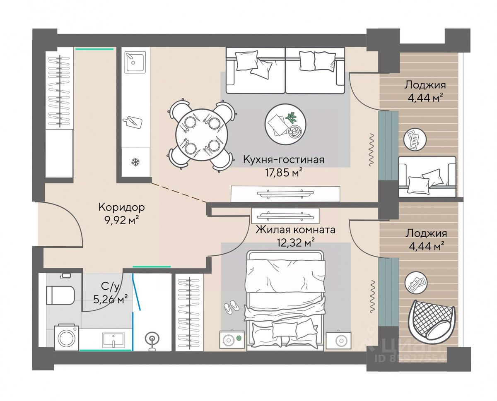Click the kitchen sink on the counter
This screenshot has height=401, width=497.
pyautogui.click(x=135, y=62)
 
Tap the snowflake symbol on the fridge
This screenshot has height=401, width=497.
pyautogui.click(x=135, y=162)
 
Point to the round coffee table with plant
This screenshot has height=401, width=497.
pyautogui.click(x=285, y=122)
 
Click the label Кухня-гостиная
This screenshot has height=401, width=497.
pyautogui.click(x=284, y=160)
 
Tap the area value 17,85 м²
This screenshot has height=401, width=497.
pyautogui.click(x=284, y=173)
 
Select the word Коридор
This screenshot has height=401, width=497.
pyautogui.click(x=122, y=207)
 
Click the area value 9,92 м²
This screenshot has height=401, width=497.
pyautogui.click(x=122, y=220)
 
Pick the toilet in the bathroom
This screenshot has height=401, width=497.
pyautogui.click(x=60, y=295)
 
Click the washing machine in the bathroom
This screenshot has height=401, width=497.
pyautogui.click(x=66, y=337)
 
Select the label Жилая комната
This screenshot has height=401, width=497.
pyautogui.click(x=295, y=230)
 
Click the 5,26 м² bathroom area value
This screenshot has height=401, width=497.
pyautogui.click(x=110, y=299)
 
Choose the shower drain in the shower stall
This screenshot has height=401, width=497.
pyautogui.click(x=152, y=338)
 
